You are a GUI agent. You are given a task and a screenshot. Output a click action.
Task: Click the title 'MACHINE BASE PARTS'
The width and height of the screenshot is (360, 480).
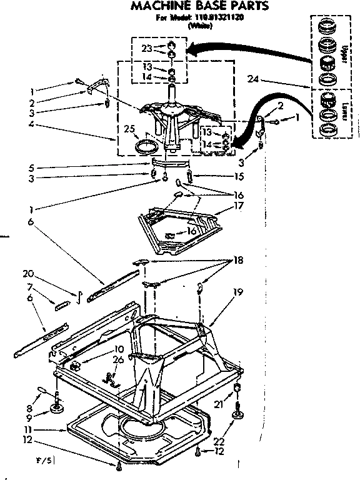coord(199,7)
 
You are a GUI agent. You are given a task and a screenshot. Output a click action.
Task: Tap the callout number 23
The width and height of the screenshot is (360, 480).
coord(146,47)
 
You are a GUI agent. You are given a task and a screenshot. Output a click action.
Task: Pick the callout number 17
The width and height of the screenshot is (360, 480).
coord(239,206)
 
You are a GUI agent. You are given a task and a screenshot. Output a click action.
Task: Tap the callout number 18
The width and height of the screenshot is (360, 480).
coord(238,259)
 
